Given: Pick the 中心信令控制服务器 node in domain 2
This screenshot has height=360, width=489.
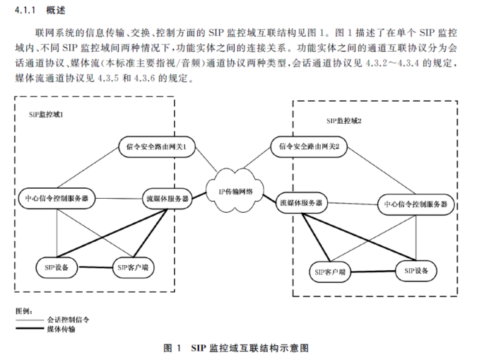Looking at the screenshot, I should [x=416, y=204].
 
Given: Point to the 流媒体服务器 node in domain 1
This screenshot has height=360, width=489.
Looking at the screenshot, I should [x=166, y=199].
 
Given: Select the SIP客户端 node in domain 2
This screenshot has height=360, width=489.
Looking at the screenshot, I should [x=331, y=272].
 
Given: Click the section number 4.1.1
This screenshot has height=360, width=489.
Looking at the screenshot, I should [x=25, y=11].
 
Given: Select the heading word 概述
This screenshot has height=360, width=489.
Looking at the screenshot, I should [x=56, y=11].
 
